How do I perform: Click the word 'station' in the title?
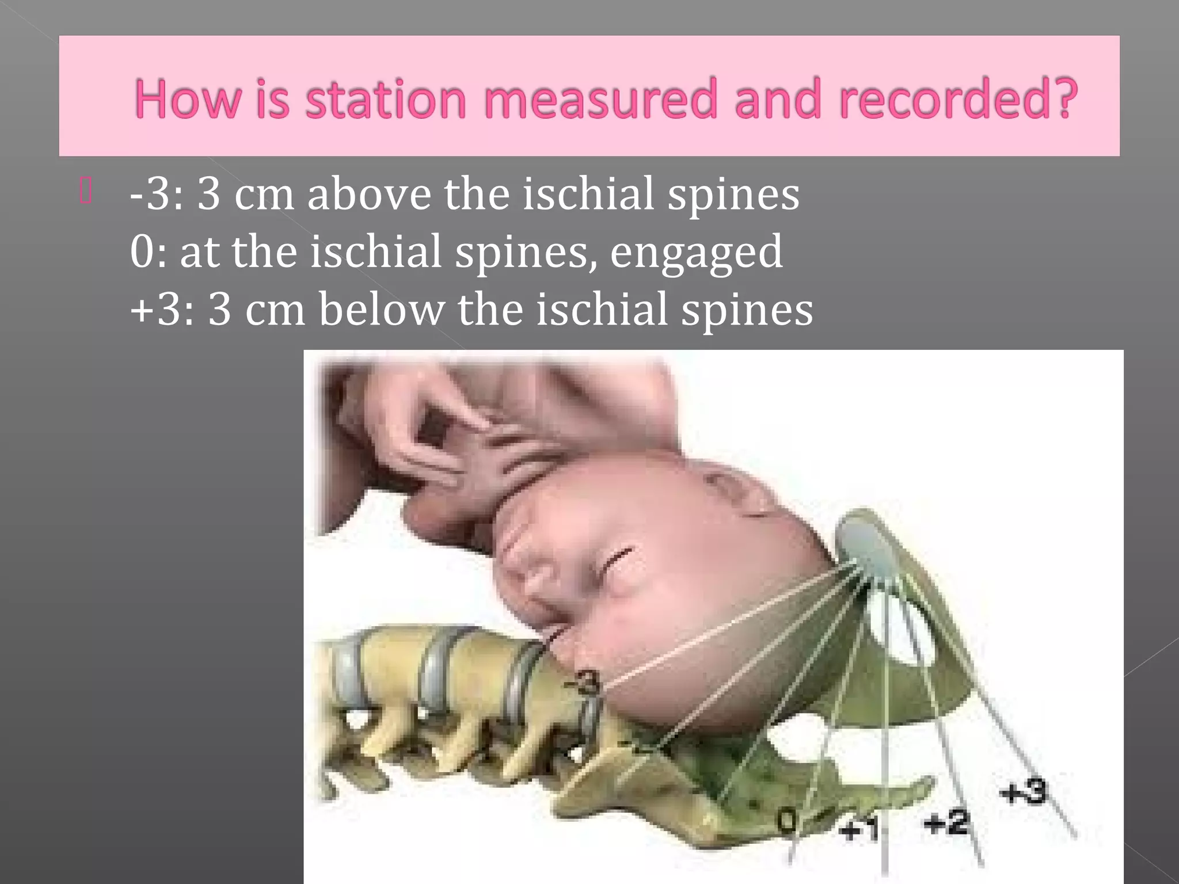point(385,99)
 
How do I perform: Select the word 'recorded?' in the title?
point(958,99)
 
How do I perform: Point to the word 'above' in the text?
point(369,194)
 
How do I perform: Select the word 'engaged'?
point(696,253)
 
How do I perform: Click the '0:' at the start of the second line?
point(149,252)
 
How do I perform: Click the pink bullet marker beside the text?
point(86,191)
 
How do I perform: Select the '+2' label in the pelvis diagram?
point(946,823)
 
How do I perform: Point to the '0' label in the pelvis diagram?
point(787,820)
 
